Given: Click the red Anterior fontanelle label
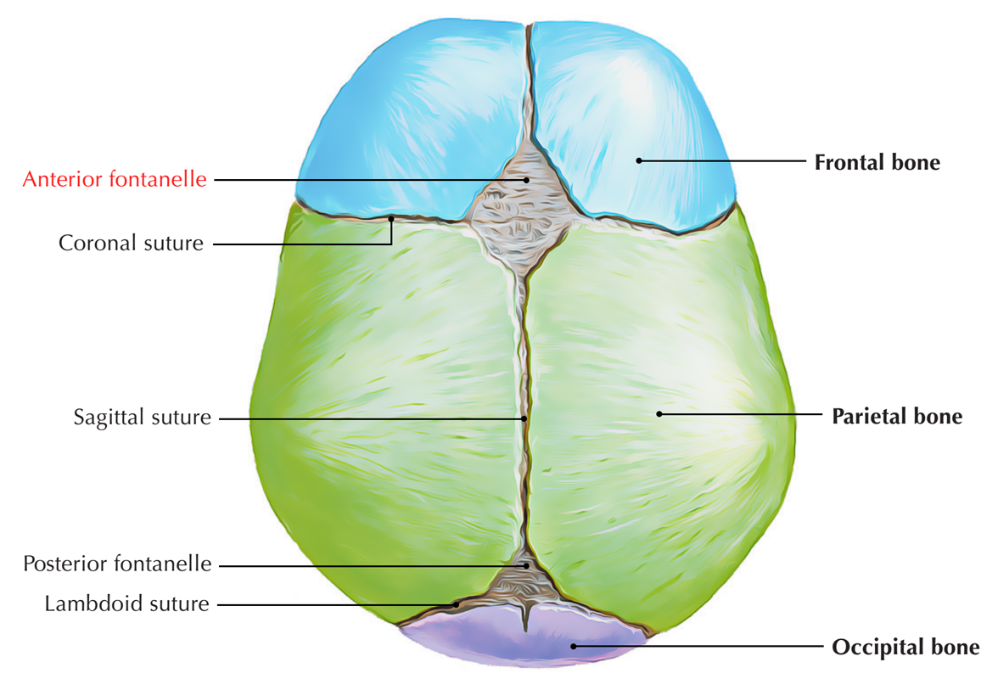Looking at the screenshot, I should pyautogui.click(x=115, y=180).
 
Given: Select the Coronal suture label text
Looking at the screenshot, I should pyautogui.click(x=131, y=244).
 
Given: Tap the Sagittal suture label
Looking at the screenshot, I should pyautogui.click(x=142, y=418).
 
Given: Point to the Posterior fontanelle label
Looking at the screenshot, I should pyautogui.click(x=117, y=564).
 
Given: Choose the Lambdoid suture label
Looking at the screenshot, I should pyautogui.click(x=126, y=604).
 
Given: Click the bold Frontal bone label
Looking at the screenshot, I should pyautogui.click(x=877, y=162).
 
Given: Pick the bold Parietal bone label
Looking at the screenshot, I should pyautogui.click(x=897, y=417).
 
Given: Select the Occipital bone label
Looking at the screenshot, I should pyautogui.click(x=905, y=648).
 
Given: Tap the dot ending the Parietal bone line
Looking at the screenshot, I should pyautogui.click(x=659, y=414).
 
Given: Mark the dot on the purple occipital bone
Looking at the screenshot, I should pyautogui.click(x=575, y=646).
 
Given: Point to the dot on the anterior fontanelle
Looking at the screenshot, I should pyautogui.click(x=526, y=180).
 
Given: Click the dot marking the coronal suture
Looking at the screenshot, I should pyautogui.click(x=391, y=219).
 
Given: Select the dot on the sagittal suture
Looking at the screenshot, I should pyautogui.click(x=524, y=418).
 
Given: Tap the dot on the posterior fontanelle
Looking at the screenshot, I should pyautogui.click(x=526, y=564).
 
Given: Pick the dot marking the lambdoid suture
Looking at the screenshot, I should pyautogui.click(x=457, y=604).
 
